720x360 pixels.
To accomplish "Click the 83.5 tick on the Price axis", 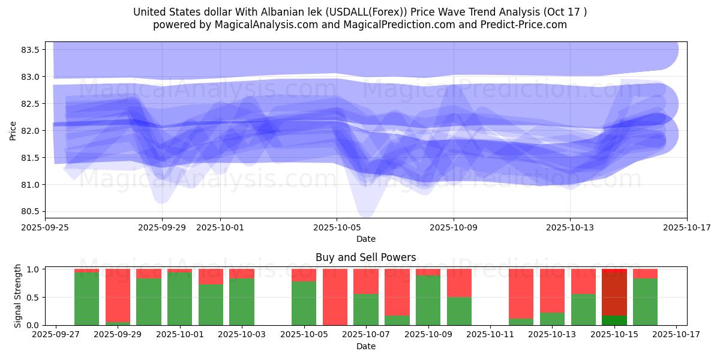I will pyautogui.click(x=30, y=50).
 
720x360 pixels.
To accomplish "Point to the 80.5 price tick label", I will pyautogui.click(x=30, y=212).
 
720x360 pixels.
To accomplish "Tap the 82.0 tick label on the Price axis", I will pyautogui.click(x=30, y=131).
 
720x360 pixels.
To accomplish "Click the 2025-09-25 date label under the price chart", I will pyautogui.click(x=45, y=228).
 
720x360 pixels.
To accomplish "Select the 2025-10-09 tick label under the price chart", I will pyautogui.click(x=454, y=228).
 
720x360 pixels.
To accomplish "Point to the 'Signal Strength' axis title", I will pyautogui.click(x=17, y=296).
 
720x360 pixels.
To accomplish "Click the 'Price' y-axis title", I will pyautogui.click(x=13, y=130).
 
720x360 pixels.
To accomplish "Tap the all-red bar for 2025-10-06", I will pyautogui.click(x=335, y=297).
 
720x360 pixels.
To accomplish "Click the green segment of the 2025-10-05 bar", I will pyautogui.click(x=304, y=303).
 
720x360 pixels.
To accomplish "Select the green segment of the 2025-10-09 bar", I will pyautogui.click(x=428, y=300).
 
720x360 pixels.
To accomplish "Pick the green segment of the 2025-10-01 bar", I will pyautogui.click(x=179, y=299).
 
